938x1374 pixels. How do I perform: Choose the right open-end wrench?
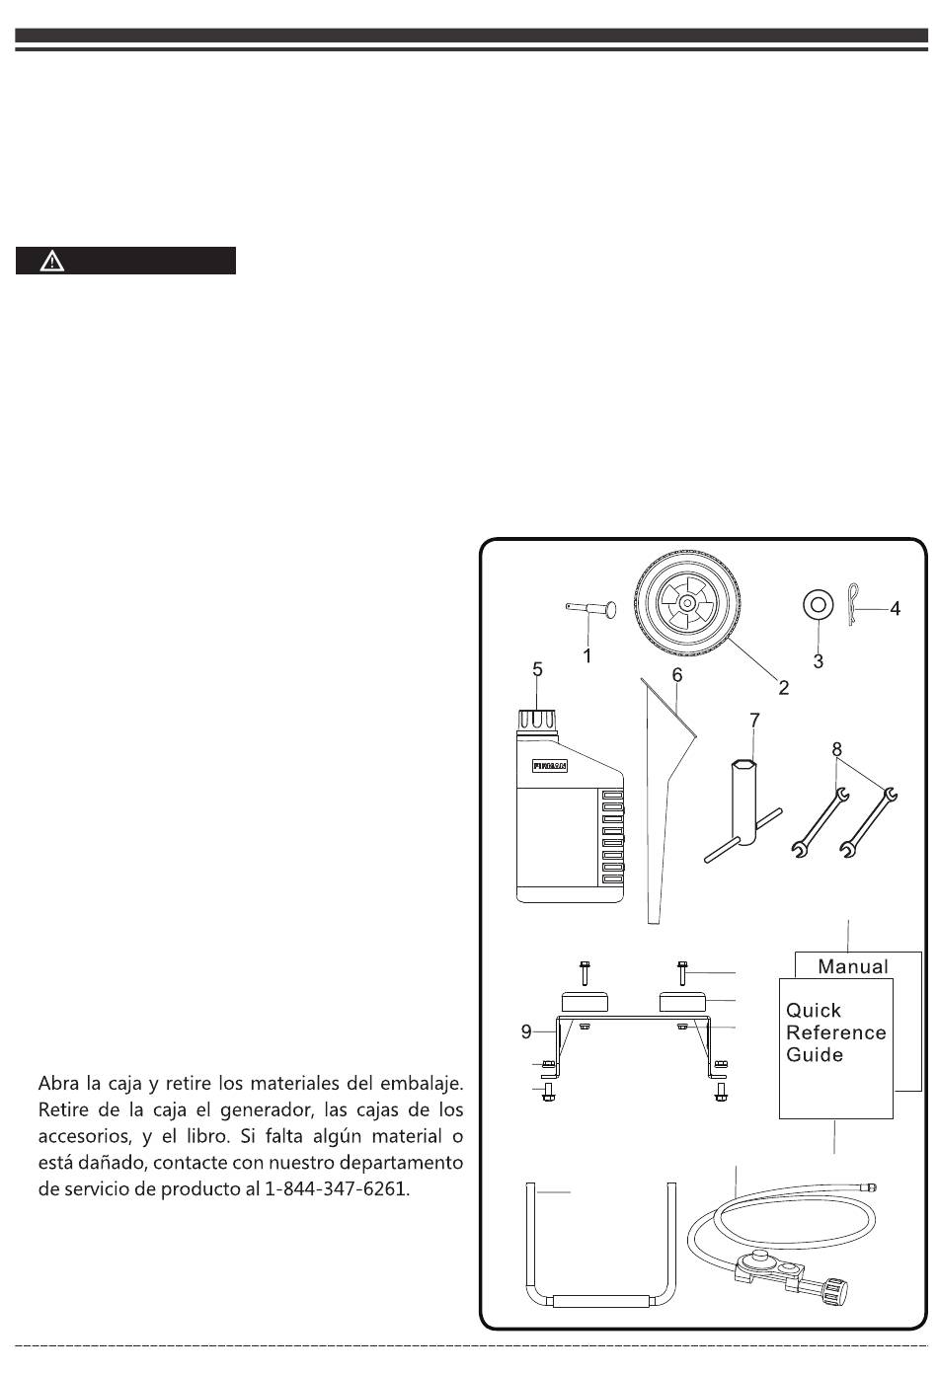point(867,819)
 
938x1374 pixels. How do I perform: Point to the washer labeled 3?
point(815,603)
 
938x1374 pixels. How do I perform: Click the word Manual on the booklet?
point(853,966)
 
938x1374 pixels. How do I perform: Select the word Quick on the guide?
point(814,1011)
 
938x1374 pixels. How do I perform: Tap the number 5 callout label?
point(538,669)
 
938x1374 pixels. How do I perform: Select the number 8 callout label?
point(837,749)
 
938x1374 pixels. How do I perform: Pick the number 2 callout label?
point(783,688)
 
